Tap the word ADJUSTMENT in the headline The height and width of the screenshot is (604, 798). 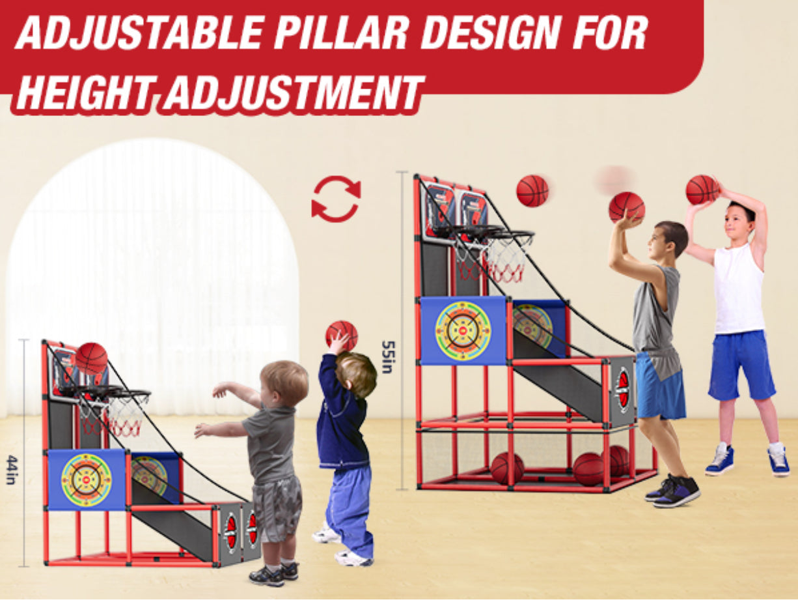pyautogui.click(x=293, y=93)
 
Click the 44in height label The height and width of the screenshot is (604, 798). pyautogui.click(x=11, y=470)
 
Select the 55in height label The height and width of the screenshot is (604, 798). pyautogui.click(x=387, y=356)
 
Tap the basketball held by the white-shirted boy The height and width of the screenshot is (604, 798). pyautogui.click(x=702, y=189)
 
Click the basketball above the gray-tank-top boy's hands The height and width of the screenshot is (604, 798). pyautogui.click(x=626, y=207)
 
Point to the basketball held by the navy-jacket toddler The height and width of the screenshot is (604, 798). pyautogui.click(x=342, y=334)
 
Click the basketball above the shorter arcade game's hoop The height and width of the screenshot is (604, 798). pyautogui.click(x=92, y=358)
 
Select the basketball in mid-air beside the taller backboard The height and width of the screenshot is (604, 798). pyautogui.click(x=532, y=190)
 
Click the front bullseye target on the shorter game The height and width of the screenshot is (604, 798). pyautogui.click(x=87, y=479)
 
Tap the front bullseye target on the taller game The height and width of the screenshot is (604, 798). pyautogui.click(x=463, y=330)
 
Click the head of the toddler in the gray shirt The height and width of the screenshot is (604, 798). pyautogui.click(x=284, y=383)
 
